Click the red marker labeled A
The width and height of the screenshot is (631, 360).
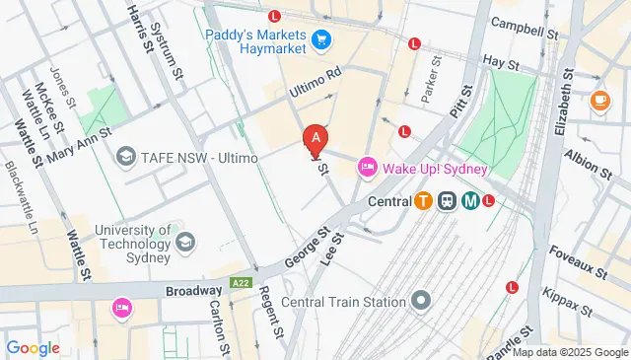[x=315, y=141]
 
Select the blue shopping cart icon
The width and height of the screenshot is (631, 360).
[x=320, y=39]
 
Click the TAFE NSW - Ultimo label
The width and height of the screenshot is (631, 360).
[x=188, y=156]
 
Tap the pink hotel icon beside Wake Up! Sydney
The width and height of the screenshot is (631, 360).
[x=367, y=168]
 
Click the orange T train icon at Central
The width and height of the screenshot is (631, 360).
[x=423, y=201]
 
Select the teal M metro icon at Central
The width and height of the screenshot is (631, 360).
[x=470, y=201]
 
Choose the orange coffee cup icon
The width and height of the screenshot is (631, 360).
[x=599, y=100]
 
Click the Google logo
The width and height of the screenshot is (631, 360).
[x=33, y=347]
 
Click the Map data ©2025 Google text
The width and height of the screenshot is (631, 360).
[x=569, y=352]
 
